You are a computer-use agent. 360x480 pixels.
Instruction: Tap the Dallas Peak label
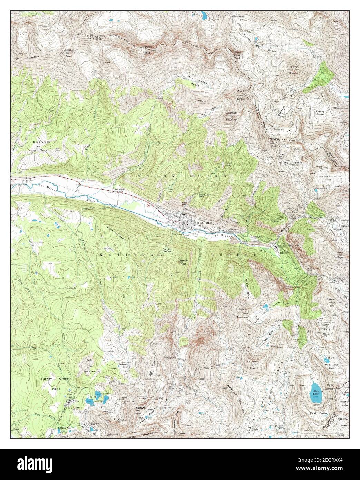tap(148, 51)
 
